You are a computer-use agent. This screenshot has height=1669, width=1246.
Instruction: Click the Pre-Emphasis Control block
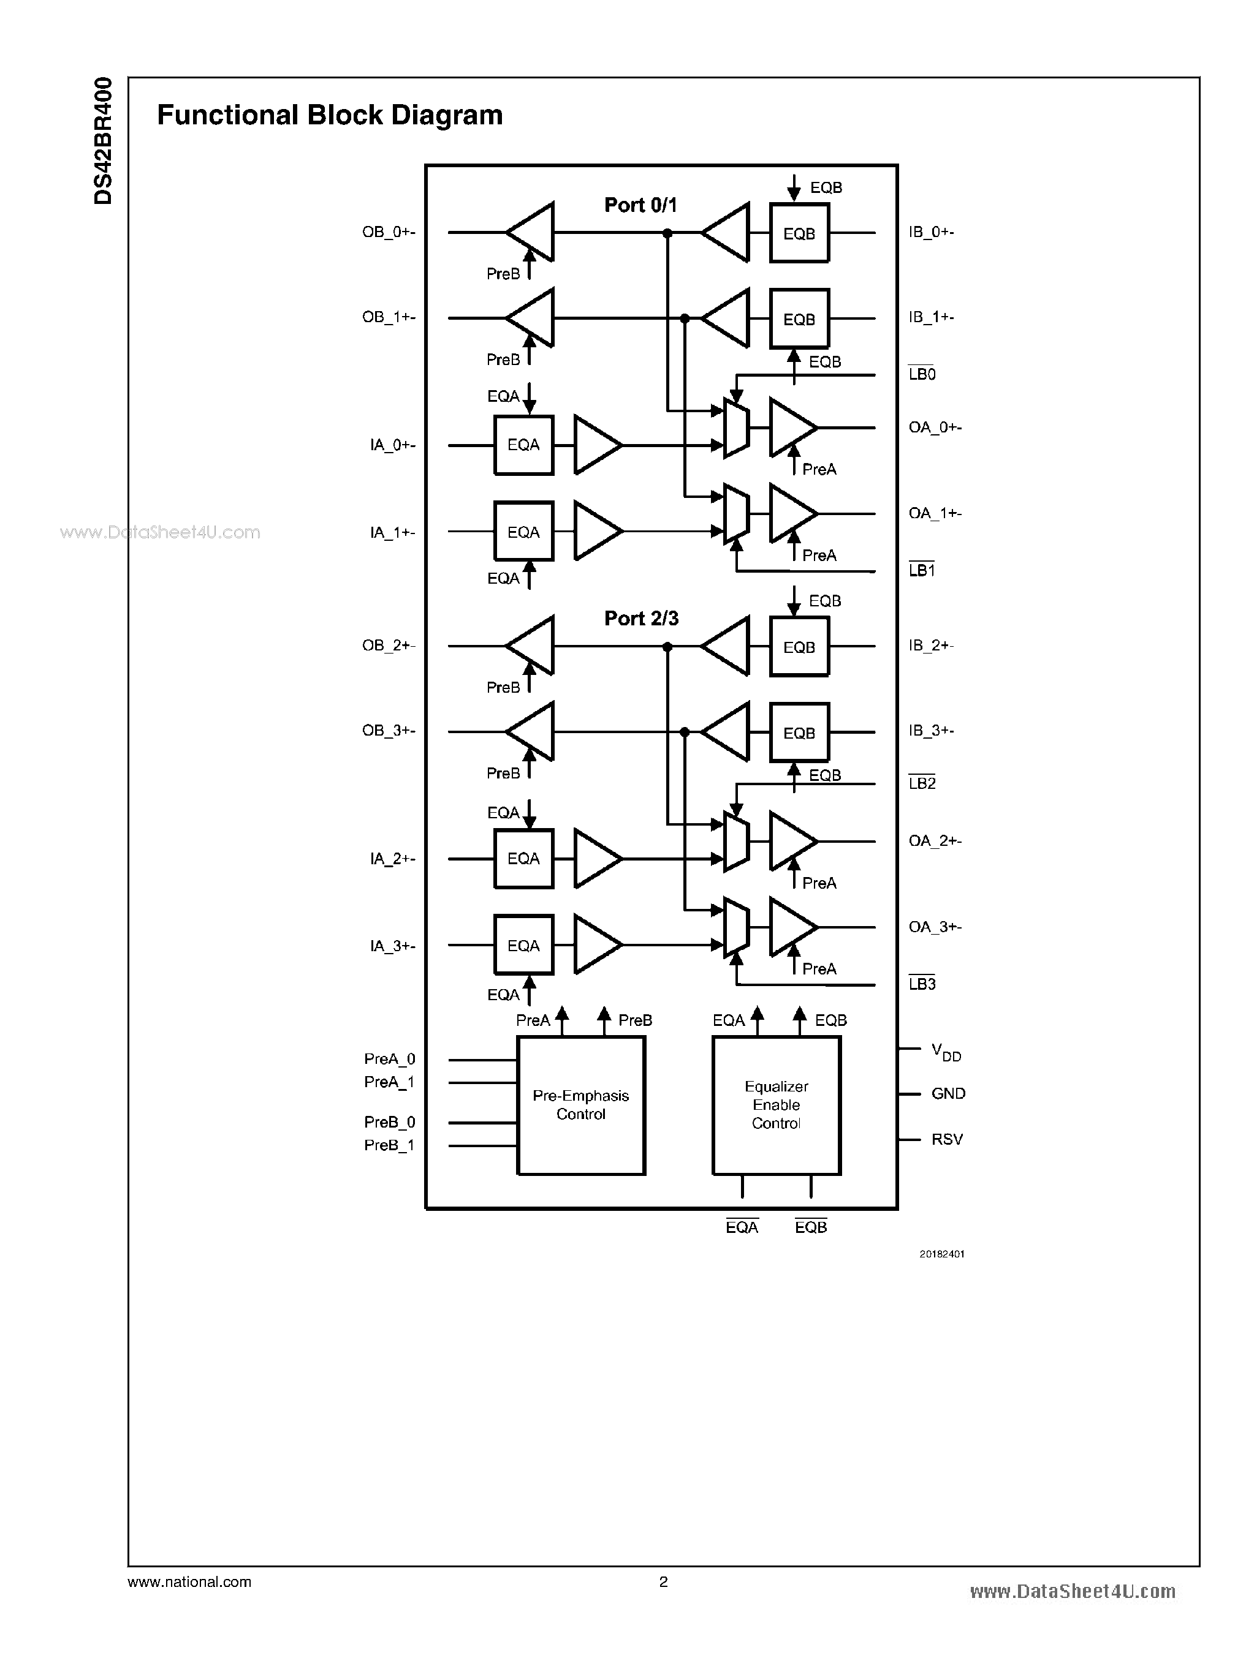581,1105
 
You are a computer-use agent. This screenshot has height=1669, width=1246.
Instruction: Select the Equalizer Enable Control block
776,1105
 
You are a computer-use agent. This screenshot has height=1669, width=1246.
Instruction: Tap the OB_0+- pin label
389,232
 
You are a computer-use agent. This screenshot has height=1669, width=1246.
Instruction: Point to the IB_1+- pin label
932,317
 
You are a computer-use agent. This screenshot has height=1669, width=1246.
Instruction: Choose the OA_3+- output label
935,927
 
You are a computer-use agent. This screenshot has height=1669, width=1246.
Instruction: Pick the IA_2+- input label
392,859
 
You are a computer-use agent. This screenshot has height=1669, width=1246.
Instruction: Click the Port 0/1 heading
640,205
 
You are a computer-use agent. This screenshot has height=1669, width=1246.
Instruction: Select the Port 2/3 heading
641,618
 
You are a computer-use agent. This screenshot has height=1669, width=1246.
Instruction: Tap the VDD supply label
946,1052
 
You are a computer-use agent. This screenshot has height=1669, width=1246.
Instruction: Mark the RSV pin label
946,1139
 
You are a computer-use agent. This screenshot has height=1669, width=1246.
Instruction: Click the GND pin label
948,1093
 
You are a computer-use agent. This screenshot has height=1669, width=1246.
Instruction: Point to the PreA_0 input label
389,1059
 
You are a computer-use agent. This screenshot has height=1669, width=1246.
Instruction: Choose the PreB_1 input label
389,1145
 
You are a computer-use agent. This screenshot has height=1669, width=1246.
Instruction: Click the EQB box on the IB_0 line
799,234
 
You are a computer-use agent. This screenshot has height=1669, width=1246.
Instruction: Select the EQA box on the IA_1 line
523,532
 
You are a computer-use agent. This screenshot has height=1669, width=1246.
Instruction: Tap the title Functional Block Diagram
330,115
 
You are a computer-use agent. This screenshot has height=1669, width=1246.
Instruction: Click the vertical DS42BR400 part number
104,140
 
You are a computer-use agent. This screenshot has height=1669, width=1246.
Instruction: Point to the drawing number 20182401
941,1254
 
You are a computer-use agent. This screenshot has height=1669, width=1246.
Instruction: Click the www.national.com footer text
189,1582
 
